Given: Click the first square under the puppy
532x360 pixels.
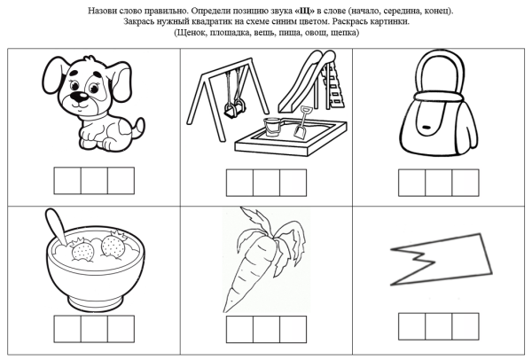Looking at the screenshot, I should (67, 180).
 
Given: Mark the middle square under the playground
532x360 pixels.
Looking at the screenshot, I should (266, 184).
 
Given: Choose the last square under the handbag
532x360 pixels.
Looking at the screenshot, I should (465, 183).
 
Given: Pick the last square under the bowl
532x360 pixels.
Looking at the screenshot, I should (120, 330).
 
